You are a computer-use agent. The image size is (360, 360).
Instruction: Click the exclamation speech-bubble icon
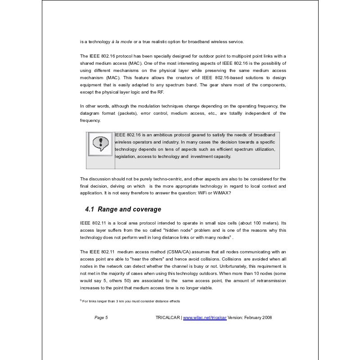pyautogui.click(x=100, y=144)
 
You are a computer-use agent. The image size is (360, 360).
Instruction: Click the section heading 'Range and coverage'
pyautogui.click(x=129, y=209)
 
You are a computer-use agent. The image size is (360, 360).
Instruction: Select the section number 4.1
pyautogui.click(x=90, y=209)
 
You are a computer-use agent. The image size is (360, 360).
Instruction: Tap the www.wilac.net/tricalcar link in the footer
pyautogui.click(x=205, y=317)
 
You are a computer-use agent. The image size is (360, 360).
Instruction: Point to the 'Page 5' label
pyautogui.click(x=101, y=317)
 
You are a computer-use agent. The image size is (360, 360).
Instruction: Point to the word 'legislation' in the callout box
pyautogui.click(x=127, y=157)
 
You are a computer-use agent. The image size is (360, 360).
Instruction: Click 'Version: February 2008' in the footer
pyautogui.click(x=250, y=317)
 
